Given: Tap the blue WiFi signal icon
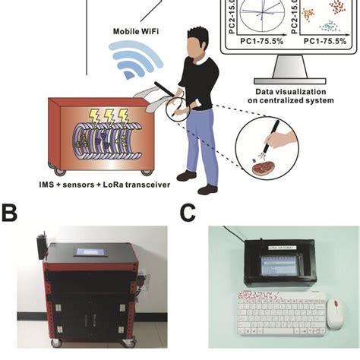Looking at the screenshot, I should pos(134,61).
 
